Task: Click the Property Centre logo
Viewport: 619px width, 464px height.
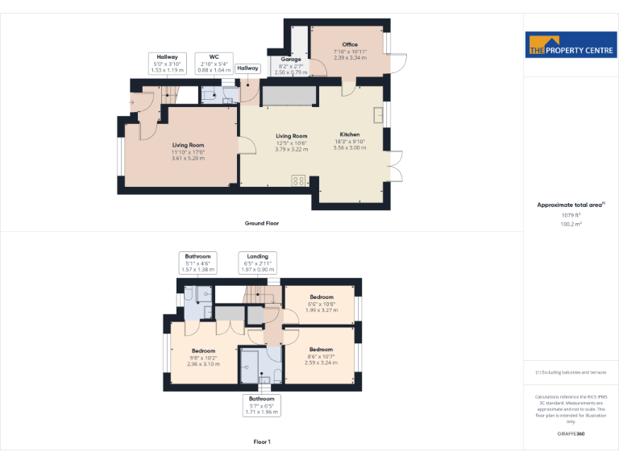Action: pos(571,45)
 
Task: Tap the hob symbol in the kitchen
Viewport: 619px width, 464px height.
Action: pos(298,180)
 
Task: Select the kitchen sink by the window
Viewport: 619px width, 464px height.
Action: pos(378,114)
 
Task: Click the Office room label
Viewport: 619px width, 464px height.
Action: pos(349,45)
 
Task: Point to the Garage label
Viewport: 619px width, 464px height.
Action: pos(290,60)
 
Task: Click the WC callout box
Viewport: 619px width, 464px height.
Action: pos(213,63)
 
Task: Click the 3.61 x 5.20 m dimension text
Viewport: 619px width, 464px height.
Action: pos(188,158)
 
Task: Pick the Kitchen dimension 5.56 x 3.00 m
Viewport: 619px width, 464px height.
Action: pos(349,148)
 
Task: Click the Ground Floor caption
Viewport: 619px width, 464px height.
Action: pos(261,222)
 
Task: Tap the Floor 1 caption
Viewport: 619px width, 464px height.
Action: pos(261,442)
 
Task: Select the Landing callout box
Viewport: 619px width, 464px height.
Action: pos(257,263)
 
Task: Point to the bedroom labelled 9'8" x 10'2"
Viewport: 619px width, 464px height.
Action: pos(203,357)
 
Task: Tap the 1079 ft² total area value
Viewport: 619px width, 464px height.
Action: pos(571,215)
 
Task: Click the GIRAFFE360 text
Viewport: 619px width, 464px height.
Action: pos(571,434)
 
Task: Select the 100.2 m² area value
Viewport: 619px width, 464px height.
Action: pos(571,225)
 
